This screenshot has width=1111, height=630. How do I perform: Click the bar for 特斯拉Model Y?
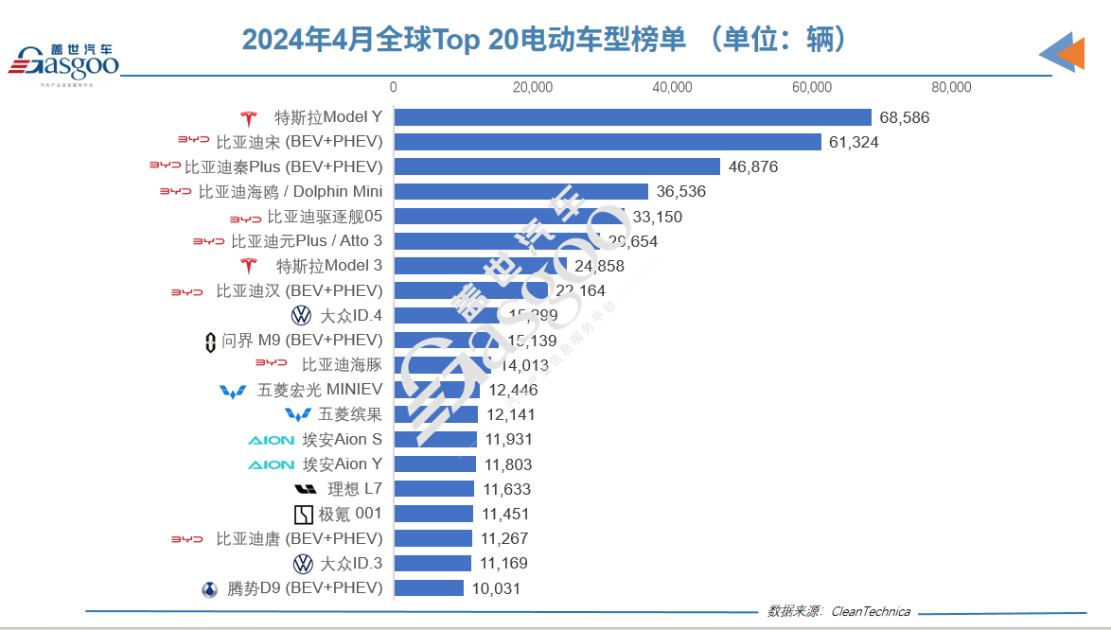coord(632,117)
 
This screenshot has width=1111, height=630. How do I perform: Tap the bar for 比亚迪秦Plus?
coord(557,166)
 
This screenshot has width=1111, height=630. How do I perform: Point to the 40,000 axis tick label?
coord(672,87)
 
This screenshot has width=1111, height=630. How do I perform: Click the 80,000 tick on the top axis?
coord(951,87)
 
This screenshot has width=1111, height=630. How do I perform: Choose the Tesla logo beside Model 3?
coord(249,266)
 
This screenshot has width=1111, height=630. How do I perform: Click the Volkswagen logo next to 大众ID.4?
coord(302,315)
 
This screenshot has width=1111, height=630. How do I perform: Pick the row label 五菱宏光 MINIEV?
coord(320,390)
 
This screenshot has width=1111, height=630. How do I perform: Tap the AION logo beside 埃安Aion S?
coord(271,440)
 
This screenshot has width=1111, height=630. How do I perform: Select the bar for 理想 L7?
coord(433,489)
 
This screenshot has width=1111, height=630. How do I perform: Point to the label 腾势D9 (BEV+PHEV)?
coord(305,588)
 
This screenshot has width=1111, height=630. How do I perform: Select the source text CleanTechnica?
coord(870,611)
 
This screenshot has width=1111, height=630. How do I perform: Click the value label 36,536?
coord(680,192)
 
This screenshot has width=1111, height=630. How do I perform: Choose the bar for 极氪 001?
coord(433,514)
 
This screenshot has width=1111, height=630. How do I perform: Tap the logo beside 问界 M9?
coord(210,341)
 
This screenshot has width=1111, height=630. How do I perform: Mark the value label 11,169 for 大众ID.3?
coord(503,564)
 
